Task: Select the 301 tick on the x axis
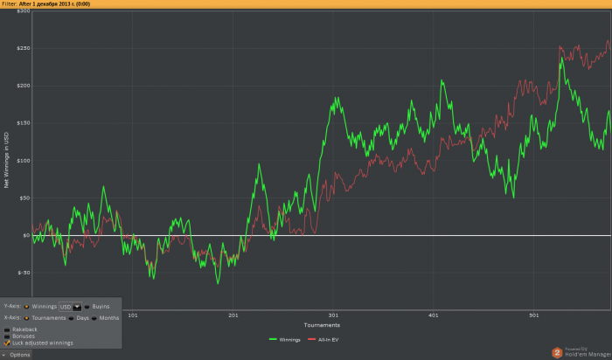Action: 333,315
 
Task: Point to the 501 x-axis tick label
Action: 534,315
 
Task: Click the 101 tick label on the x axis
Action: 133,315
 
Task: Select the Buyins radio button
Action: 87,307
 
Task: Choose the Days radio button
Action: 72,318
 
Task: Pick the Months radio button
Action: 94,318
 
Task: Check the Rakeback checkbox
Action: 8,329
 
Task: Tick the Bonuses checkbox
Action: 8,336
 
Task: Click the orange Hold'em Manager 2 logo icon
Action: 557,351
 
